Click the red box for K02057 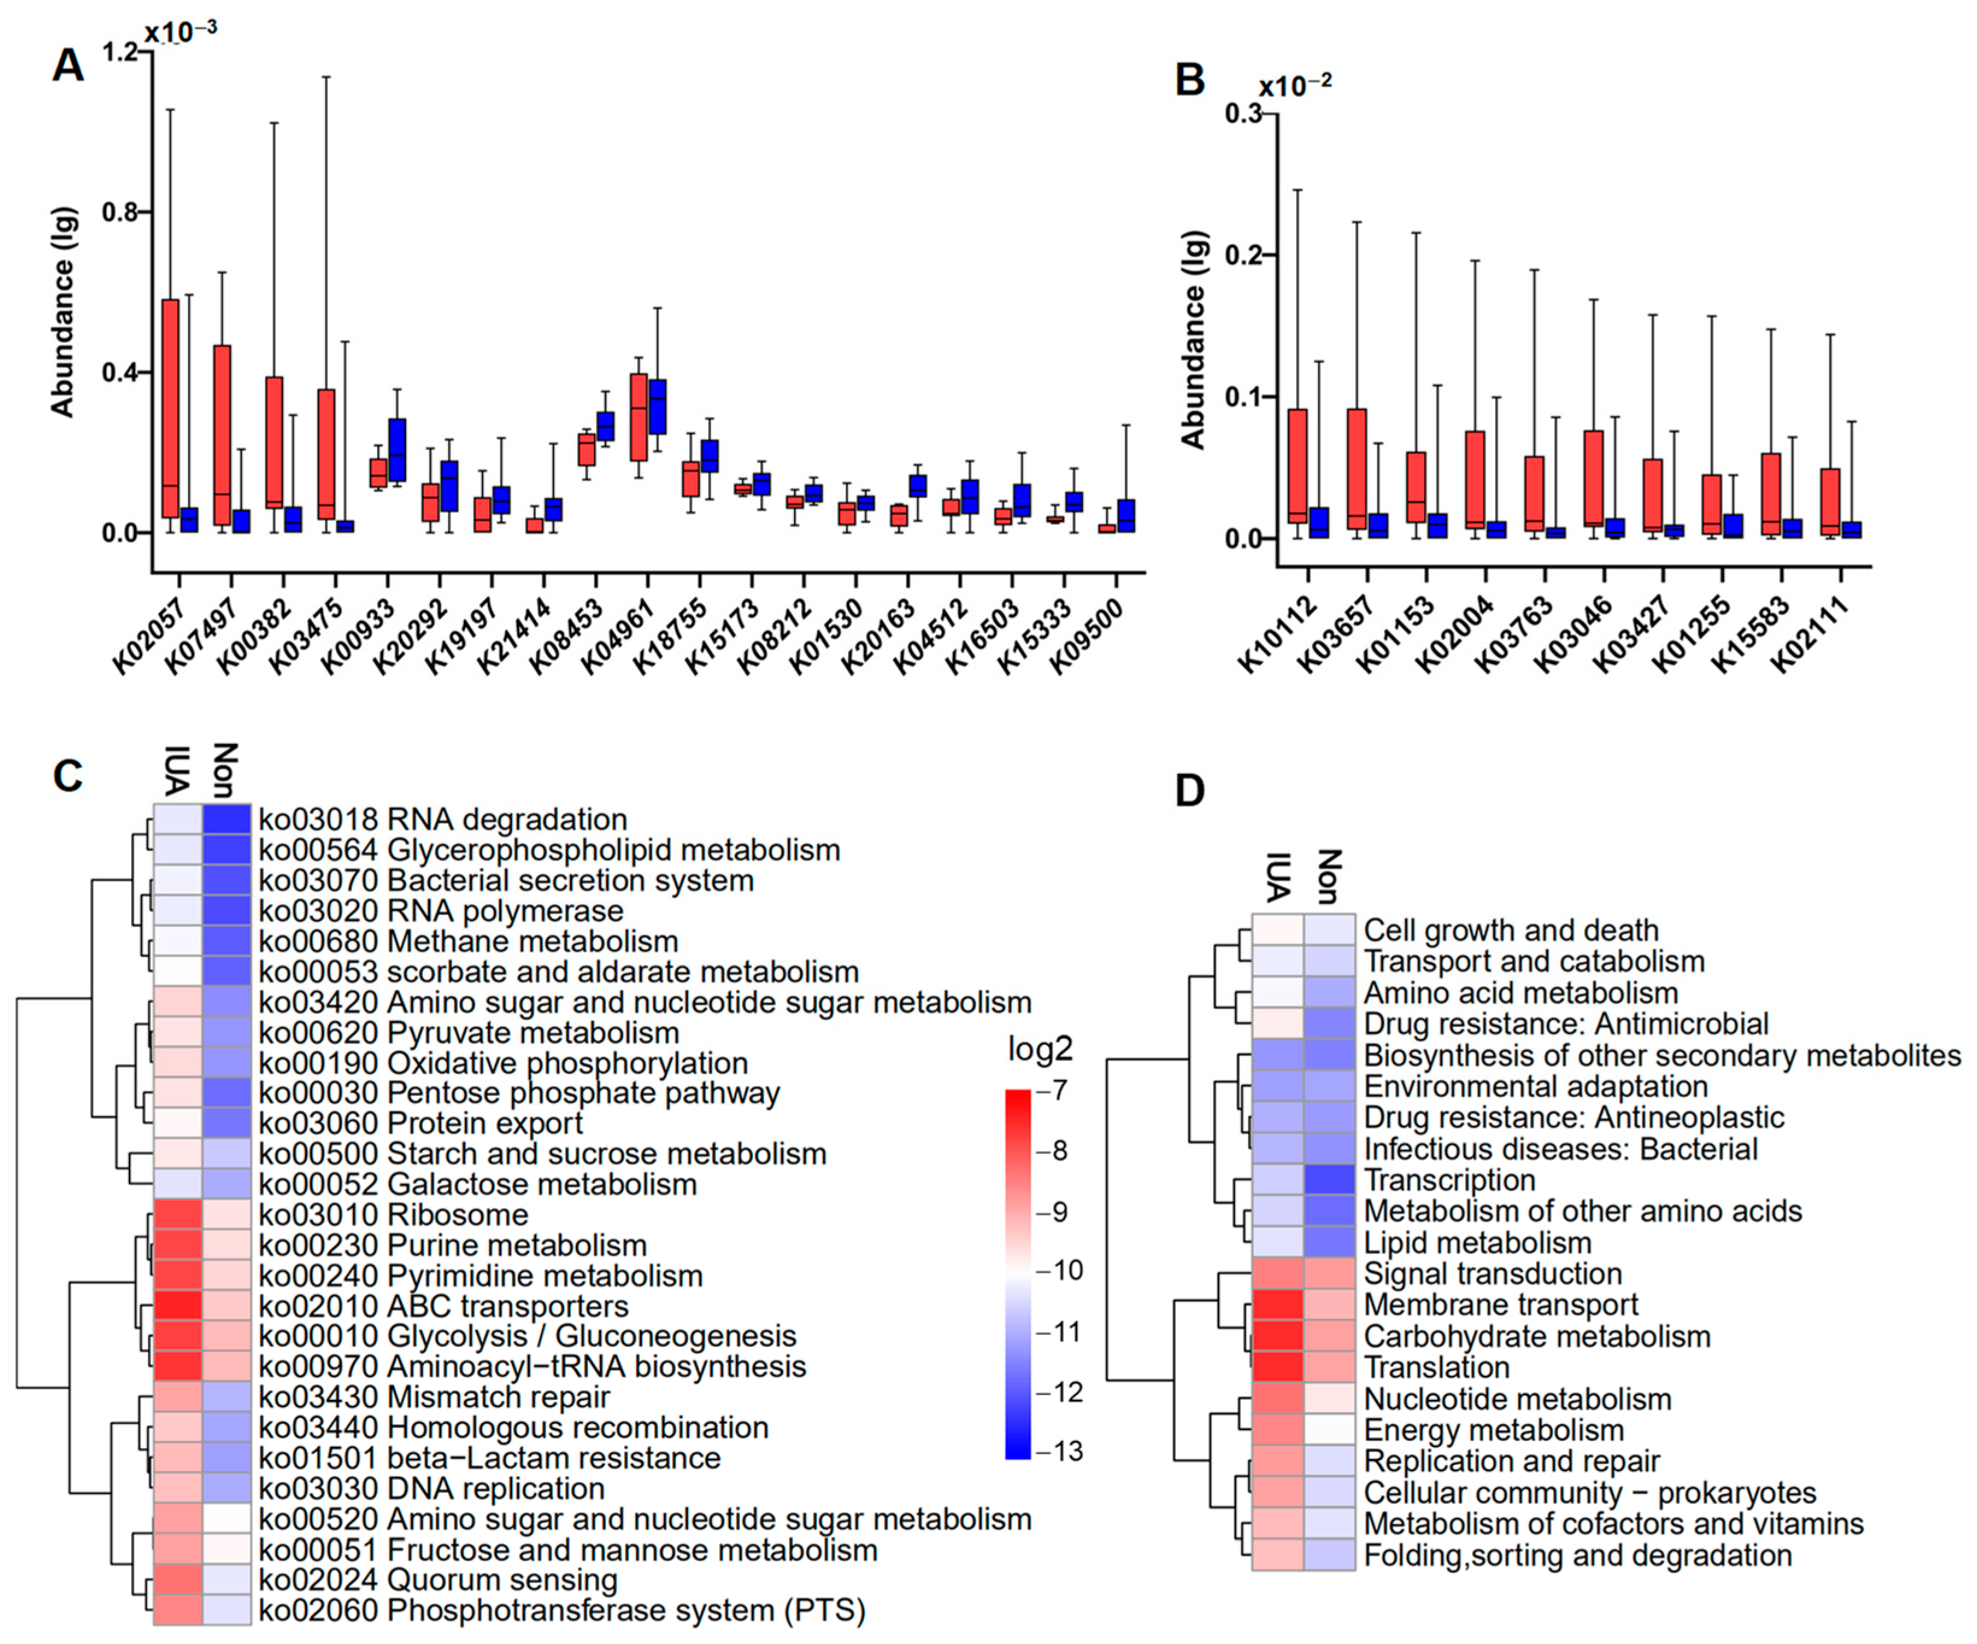click(x=170, y=408)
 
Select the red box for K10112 click(x=1298, y=466)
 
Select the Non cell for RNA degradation click(x=227, y=819)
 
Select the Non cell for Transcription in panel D click(x=1329, y=1180)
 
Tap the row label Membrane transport click(x=1501, y=1305)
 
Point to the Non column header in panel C click(x=226, y=770)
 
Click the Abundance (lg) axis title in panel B click(x=1194, y=339)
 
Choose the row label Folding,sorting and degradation click(x=1578, y=1555)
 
